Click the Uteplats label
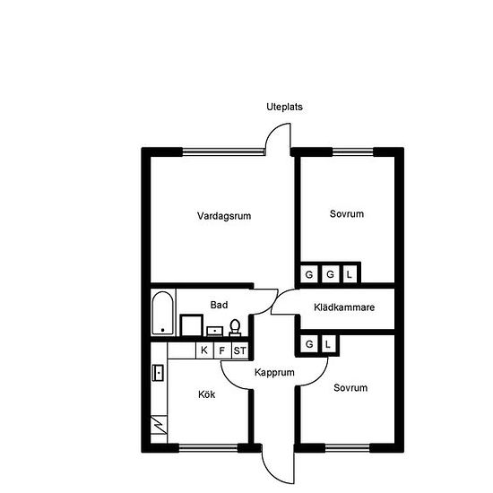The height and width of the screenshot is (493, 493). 284,107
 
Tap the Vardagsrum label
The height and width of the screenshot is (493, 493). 224,216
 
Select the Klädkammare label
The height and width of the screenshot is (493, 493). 344,307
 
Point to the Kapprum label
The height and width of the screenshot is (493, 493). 274,373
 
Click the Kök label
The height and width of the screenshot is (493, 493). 206,394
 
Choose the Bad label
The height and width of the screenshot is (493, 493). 219,305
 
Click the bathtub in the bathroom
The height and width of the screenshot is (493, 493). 162,313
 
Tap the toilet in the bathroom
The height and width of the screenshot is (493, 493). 235,327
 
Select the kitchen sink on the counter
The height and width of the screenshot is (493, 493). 158,373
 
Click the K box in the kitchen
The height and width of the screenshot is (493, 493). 204,350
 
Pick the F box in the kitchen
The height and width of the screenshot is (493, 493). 222,350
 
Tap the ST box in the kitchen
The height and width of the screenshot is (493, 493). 240,350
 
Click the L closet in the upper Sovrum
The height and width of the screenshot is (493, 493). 350,274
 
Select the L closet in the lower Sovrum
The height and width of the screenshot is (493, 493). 328,344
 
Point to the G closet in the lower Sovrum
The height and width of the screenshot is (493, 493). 309,344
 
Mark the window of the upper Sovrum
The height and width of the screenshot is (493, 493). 353,152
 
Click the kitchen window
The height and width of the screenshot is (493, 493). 208,447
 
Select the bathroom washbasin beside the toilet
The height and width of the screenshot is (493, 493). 215,332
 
